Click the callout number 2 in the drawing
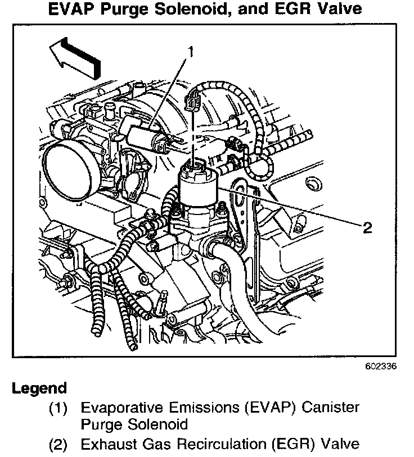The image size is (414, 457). [x=367, y=227]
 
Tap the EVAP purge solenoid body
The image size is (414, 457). [x=146, y=139]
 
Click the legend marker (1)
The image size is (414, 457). [x=59, y=407]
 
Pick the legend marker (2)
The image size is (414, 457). [x=59, y=445]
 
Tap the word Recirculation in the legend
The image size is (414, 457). [x=215, y=445]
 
